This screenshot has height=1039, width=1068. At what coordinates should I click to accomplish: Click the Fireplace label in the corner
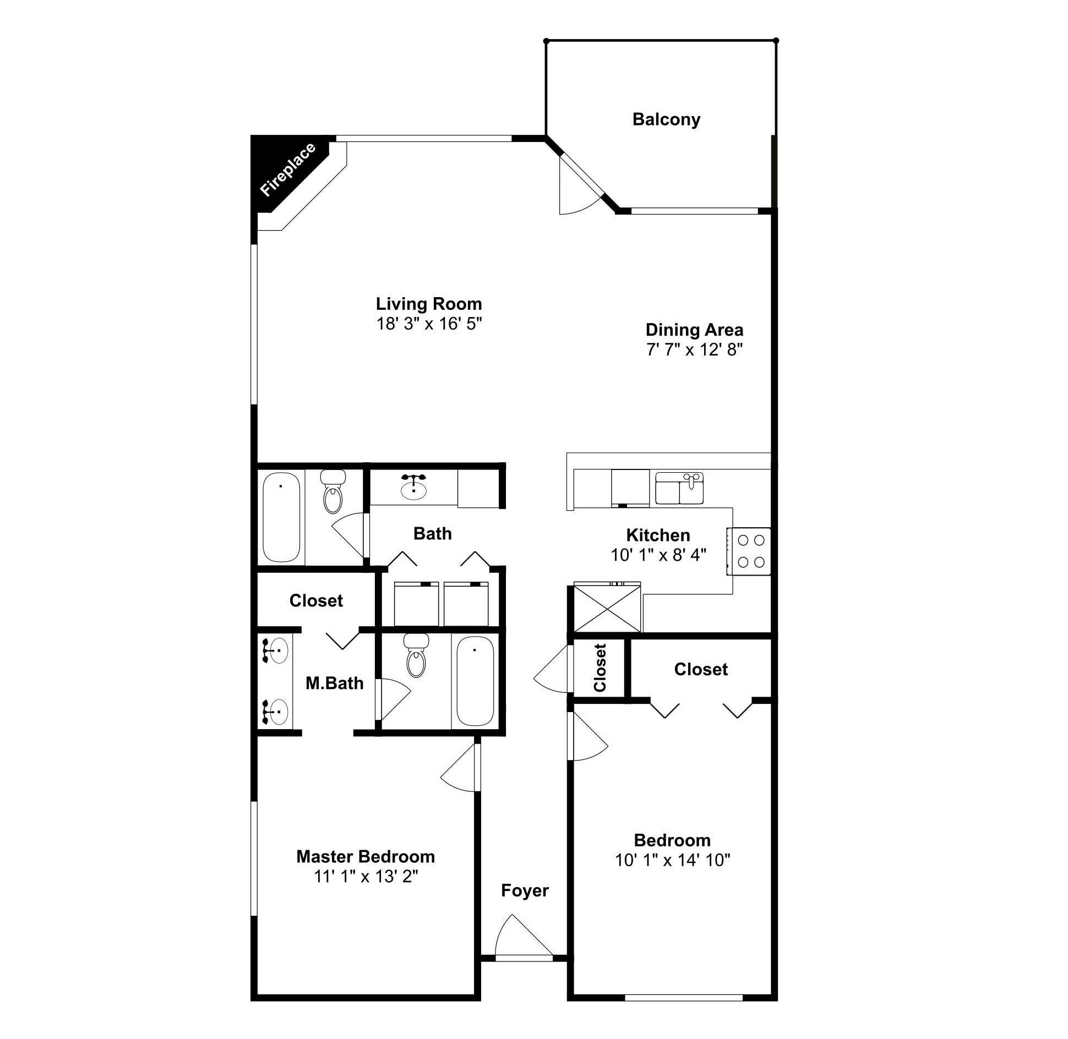tap(288, 169)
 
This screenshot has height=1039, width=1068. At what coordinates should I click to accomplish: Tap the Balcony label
tap(666, 119)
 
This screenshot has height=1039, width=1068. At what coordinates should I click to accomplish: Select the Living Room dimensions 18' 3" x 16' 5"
tap(429, 324)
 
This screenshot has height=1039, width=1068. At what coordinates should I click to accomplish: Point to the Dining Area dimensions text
tap(695, 349)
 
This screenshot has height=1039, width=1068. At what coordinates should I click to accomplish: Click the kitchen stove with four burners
tap(749, 551)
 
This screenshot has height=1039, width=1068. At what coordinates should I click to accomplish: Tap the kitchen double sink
tap(679, 488)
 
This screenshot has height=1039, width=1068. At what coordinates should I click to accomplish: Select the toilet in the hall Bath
tap(333, 491)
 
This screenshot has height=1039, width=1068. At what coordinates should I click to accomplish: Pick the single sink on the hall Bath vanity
tap(413, 487)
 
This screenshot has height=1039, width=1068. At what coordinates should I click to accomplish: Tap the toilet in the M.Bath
tap(416, 655)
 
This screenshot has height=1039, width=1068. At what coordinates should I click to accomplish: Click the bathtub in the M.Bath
tap(475, 681)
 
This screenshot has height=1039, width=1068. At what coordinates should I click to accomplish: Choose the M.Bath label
tap(335, 683)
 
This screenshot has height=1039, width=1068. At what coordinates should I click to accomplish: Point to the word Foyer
tap(525, 890)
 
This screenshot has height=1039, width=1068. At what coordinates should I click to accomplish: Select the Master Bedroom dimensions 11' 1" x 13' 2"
tap(366, 876)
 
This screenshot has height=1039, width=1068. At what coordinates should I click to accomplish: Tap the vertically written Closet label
tap(600, 668)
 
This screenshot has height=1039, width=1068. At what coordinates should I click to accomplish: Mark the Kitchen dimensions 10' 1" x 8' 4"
tap(658, 555)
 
